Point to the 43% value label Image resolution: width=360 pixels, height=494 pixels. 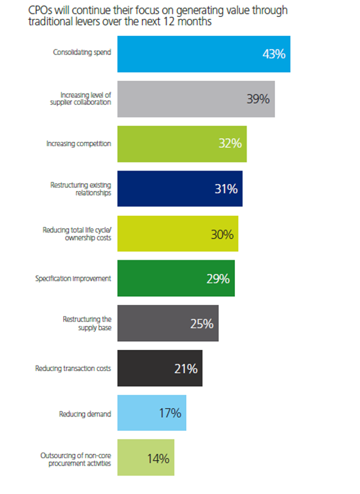[x=274, y=54]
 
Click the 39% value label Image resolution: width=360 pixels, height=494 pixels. [x=258, y=99]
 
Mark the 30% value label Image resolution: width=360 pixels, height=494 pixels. [x=222, y=234]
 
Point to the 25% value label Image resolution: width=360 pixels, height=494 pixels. [x=202, y=324]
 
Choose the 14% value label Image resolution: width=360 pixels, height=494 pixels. [x=158, y=458]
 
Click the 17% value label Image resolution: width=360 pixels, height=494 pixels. [x=170, y=413]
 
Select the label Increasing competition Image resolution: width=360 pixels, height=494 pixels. [x=79, y=143]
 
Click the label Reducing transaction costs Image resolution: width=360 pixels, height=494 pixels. [x=73, y=368]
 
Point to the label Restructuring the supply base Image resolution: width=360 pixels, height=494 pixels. [x=87, y=323]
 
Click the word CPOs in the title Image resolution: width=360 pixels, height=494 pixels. [x=23, y=10]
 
